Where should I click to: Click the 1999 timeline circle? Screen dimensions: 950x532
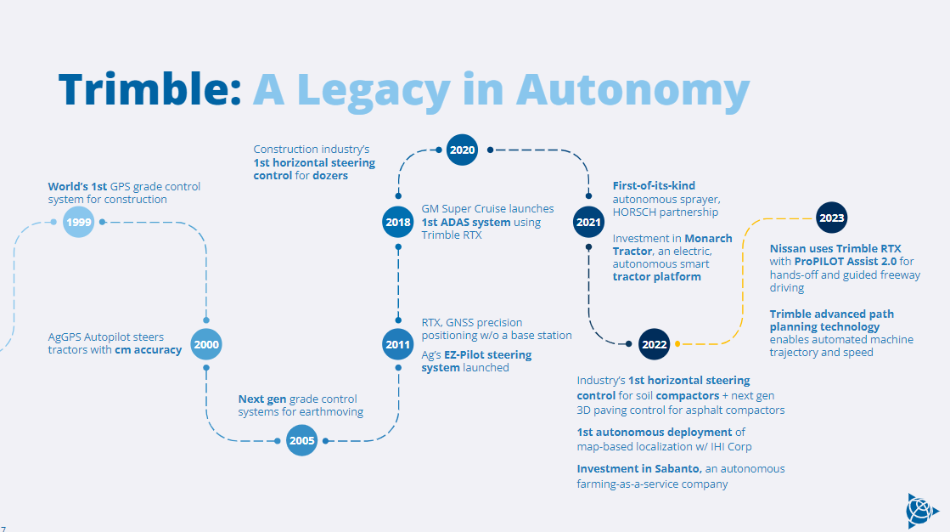tap(77, 222)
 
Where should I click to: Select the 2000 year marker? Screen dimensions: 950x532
tap(206, 344)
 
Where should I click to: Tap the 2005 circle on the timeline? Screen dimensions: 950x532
tap(301, 440)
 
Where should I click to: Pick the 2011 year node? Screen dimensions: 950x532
tap(397, 344)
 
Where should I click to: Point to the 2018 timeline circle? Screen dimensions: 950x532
tap(397, 222)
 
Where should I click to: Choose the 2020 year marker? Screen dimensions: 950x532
tap(463, 150)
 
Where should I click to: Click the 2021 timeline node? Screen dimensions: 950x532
tap(588, 222)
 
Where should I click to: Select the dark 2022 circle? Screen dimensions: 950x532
tap(655, 344)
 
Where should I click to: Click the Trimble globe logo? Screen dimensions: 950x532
tap(921, 510)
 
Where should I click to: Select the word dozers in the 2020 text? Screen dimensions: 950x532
tap(329, 176)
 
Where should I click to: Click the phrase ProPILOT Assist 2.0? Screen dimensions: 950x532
tap(841, 261)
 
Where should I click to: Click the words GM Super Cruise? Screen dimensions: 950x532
tap(465, 208)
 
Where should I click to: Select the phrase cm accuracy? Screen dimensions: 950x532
tap(148, 350)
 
